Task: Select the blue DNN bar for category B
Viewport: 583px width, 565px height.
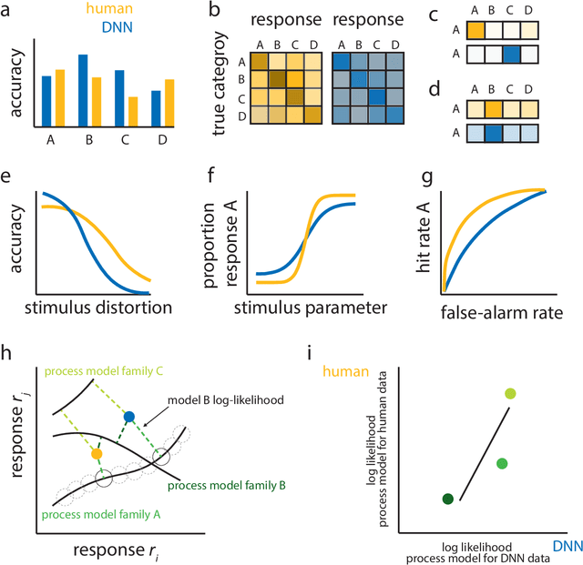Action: click(84, 90)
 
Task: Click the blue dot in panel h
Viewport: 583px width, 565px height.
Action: click(128, 416)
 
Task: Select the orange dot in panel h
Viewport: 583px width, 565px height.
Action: click(97, 452)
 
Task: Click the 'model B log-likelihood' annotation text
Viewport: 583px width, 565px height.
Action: click(225, 400)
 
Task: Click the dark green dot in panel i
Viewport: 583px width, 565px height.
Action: click(447, 499)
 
